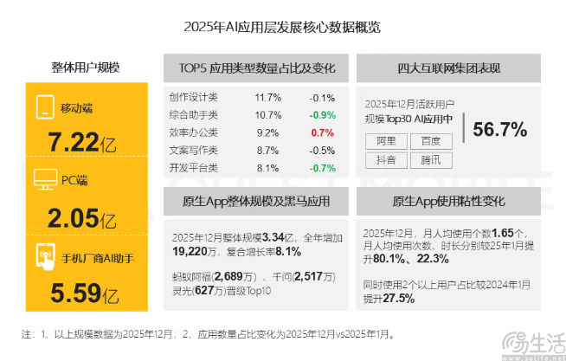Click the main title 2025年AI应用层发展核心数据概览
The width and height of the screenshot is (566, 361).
282,27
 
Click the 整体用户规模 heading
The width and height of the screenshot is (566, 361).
86,68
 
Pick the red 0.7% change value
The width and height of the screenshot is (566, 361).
322,132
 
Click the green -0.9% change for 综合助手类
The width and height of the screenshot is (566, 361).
322,114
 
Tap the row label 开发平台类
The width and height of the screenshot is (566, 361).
194,167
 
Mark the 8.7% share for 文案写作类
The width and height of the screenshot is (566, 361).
267,150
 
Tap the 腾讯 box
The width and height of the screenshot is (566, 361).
430,159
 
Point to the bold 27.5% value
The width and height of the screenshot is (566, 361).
397,298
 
